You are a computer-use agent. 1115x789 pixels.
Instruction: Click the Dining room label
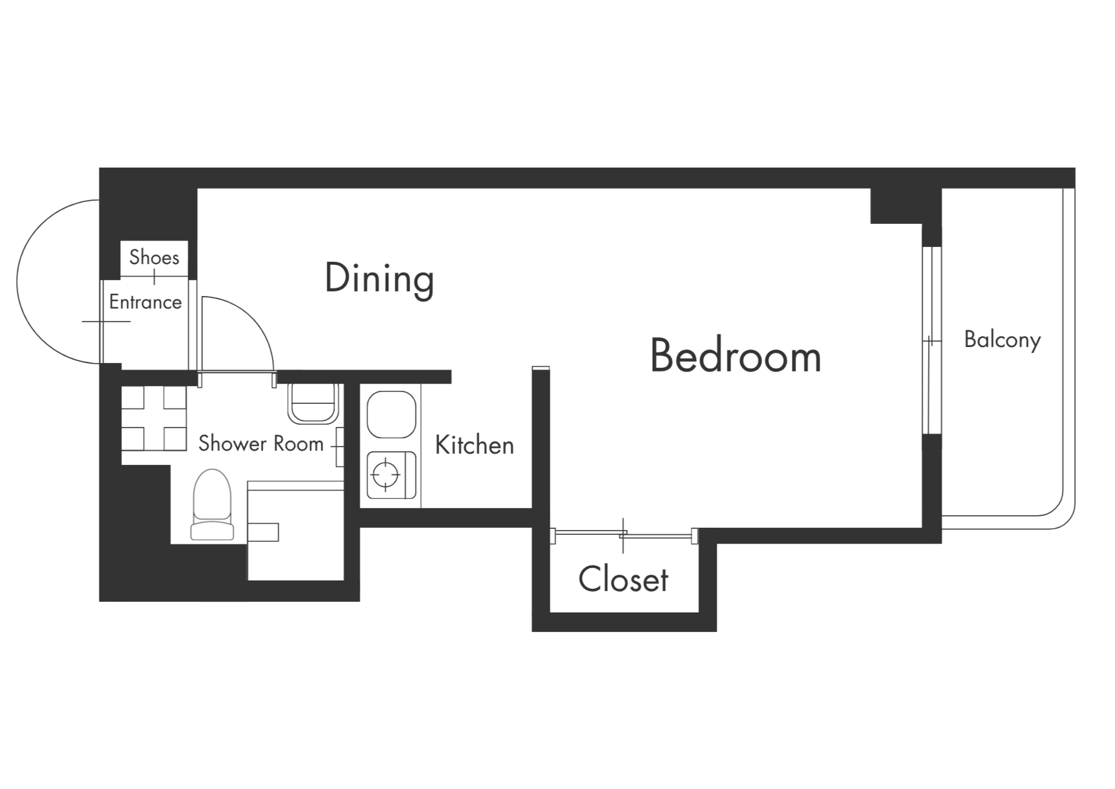379,279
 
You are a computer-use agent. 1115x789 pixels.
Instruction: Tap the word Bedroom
736,357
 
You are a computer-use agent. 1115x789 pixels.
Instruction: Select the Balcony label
1003,340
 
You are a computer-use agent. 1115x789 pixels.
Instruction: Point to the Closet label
623,579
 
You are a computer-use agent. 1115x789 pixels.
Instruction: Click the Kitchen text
475,445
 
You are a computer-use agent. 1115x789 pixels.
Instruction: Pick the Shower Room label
261,443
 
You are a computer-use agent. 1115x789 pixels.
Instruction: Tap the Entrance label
146,302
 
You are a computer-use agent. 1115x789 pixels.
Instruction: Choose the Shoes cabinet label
154,257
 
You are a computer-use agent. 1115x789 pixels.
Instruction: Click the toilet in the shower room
212,505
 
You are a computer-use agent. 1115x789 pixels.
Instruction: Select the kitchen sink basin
391,415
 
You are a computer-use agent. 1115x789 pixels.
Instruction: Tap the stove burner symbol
386,474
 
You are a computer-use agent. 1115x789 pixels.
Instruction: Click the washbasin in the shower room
312,403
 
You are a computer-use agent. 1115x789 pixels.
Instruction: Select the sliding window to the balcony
932,341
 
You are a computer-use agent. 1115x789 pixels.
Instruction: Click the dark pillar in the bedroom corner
897,206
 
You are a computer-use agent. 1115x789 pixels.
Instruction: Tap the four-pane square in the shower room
154,418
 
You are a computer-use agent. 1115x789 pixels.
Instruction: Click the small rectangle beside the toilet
263,532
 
